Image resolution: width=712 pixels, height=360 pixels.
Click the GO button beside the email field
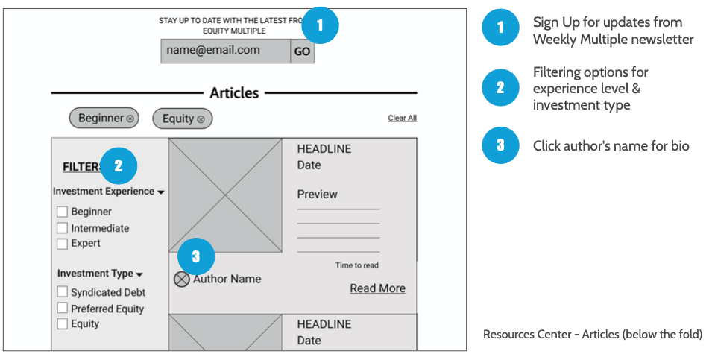click(x=303, y=51)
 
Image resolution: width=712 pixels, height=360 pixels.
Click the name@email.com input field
click(x=226, y=51)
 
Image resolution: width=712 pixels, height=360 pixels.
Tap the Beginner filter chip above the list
click(x=104, y=119)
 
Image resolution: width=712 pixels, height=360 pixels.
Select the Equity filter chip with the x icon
click(x=183, y=119)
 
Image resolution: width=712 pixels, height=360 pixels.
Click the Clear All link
click(x=403, y=118)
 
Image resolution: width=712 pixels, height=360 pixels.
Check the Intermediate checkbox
click(x=62, y=228)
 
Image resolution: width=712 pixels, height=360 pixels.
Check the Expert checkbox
click(x=62, y=244)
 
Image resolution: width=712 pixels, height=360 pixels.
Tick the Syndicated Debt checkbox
click(x=62, y=291)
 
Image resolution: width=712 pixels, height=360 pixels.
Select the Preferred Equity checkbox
click(x=62, y=308)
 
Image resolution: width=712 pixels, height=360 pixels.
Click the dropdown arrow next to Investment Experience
click(x=161, y=192)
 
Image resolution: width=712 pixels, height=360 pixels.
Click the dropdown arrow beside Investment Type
click(x=139, y=274)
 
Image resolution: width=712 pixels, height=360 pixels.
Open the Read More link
click(x=378, y=288)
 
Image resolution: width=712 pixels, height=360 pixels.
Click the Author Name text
click(x=227, y=279)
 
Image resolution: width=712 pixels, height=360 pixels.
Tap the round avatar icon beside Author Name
click(x=182, y=280)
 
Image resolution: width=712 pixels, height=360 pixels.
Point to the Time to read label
click(x=357, y=265)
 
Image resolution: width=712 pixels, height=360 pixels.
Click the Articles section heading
click(x=234, y=93)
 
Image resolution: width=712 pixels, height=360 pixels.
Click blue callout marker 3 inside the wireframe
click(x=196, y=256)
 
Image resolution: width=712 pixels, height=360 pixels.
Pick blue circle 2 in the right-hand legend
click(x=500, y=88)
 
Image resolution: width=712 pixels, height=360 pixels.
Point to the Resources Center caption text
click(x=593, y=335)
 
